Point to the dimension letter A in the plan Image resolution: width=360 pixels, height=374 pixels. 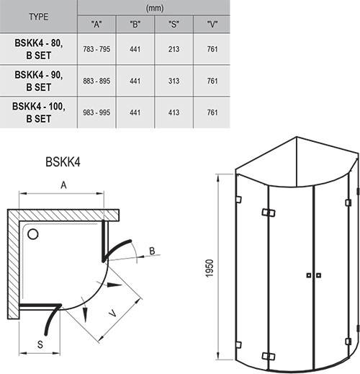point(63,186)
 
